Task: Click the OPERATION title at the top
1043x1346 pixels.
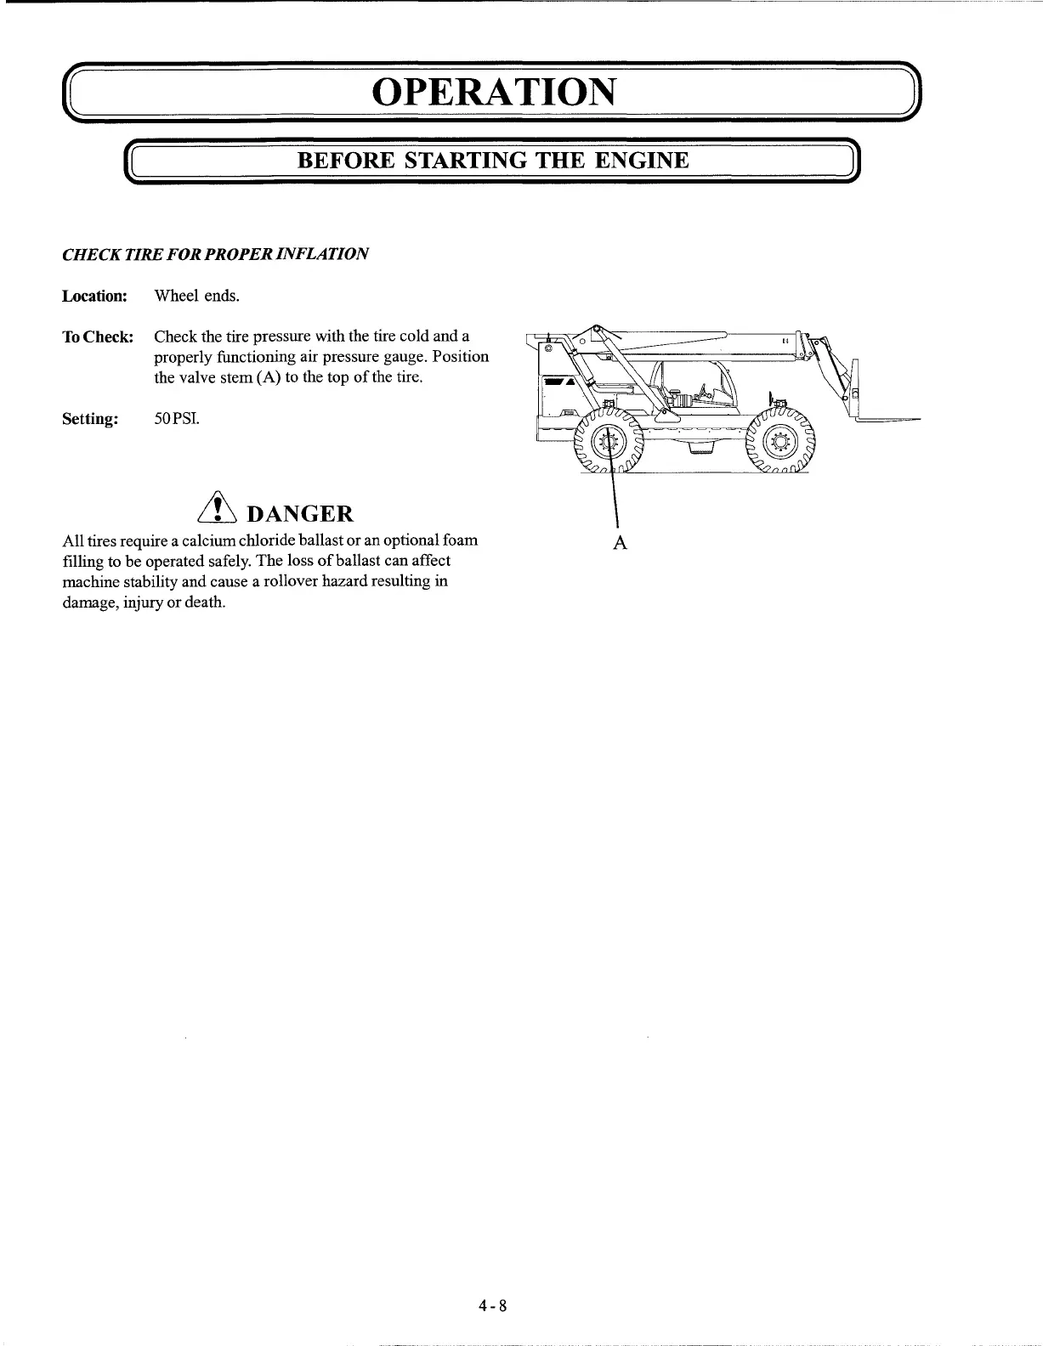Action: coord(493,91)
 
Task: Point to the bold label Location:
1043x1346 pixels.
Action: coord(94,297)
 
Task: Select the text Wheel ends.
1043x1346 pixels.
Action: coord(196,296)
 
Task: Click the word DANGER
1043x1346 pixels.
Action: coord(298,514)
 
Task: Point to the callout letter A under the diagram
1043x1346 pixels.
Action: coord(620,544)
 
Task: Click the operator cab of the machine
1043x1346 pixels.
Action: coord(689,382)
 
